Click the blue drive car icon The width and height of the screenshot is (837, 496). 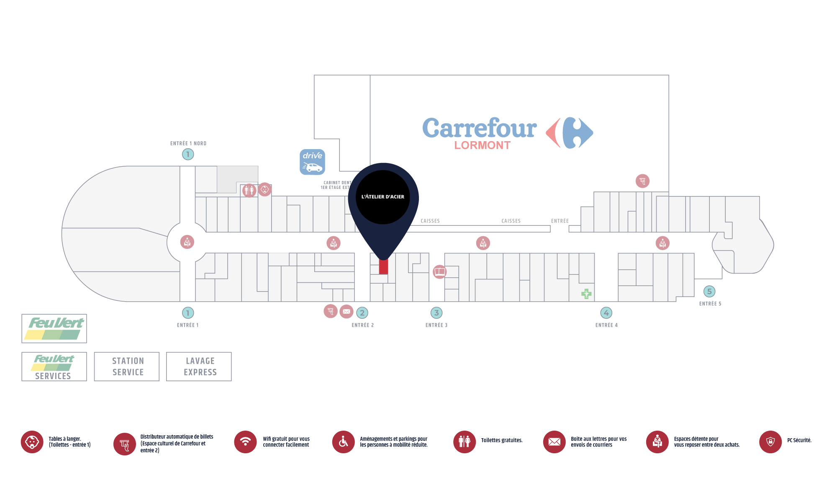312,162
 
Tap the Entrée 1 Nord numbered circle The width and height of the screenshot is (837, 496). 188,154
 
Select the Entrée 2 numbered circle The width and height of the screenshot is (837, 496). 362,313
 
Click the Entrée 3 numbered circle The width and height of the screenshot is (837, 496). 436,313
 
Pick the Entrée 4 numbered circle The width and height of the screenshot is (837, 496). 606,313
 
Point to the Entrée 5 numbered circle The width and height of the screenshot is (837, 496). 709,291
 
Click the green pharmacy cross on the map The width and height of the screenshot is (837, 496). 586,294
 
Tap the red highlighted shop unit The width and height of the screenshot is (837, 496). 383,266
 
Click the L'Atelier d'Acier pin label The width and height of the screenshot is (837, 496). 383,197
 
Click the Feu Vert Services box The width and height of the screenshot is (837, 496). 54,367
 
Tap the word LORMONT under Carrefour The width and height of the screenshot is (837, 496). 483,145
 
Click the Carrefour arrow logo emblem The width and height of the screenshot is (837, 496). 570,132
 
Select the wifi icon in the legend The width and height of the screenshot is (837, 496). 245,442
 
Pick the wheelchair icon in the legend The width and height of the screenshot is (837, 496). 344,442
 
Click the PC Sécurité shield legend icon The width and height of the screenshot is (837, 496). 770,442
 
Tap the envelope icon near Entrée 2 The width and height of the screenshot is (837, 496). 347,311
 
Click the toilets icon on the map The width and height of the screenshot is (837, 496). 249,191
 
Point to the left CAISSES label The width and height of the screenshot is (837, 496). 430,221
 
